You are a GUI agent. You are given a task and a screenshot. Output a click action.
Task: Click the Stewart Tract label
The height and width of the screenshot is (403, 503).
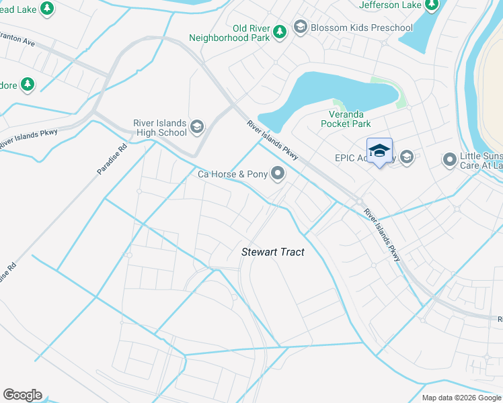tap(273, 253)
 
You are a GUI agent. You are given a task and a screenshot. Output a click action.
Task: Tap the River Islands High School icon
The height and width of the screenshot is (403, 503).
tap(197, 127)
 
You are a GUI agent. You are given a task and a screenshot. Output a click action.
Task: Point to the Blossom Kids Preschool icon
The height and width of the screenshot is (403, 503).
tap(300, 28)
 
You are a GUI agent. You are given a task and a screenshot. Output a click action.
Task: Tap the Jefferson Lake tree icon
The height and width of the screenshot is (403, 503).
tap(432, 5)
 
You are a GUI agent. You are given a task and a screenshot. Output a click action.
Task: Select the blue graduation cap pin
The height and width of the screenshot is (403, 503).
tap(379, 150)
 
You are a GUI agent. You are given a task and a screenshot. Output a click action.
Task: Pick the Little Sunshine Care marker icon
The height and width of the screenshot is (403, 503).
tap(449, 160)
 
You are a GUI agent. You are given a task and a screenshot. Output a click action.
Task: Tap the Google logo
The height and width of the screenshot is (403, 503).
tap(22, 395)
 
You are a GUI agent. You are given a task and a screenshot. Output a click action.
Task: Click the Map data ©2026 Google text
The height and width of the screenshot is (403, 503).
tap(461, 398)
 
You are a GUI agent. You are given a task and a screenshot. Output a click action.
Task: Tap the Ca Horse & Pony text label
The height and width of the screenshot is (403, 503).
tap(232, 175)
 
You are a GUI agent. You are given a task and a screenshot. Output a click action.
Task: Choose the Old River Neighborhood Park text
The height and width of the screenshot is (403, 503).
tap(241, 33)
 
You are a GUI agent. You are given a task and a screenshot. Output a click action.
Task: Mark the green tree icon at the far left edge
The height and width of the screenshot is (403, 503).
tap(27, 85)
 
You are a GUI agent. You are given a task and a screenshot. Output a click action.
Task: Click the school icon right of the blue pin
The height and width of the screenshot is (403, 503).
tap(406, 157)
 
